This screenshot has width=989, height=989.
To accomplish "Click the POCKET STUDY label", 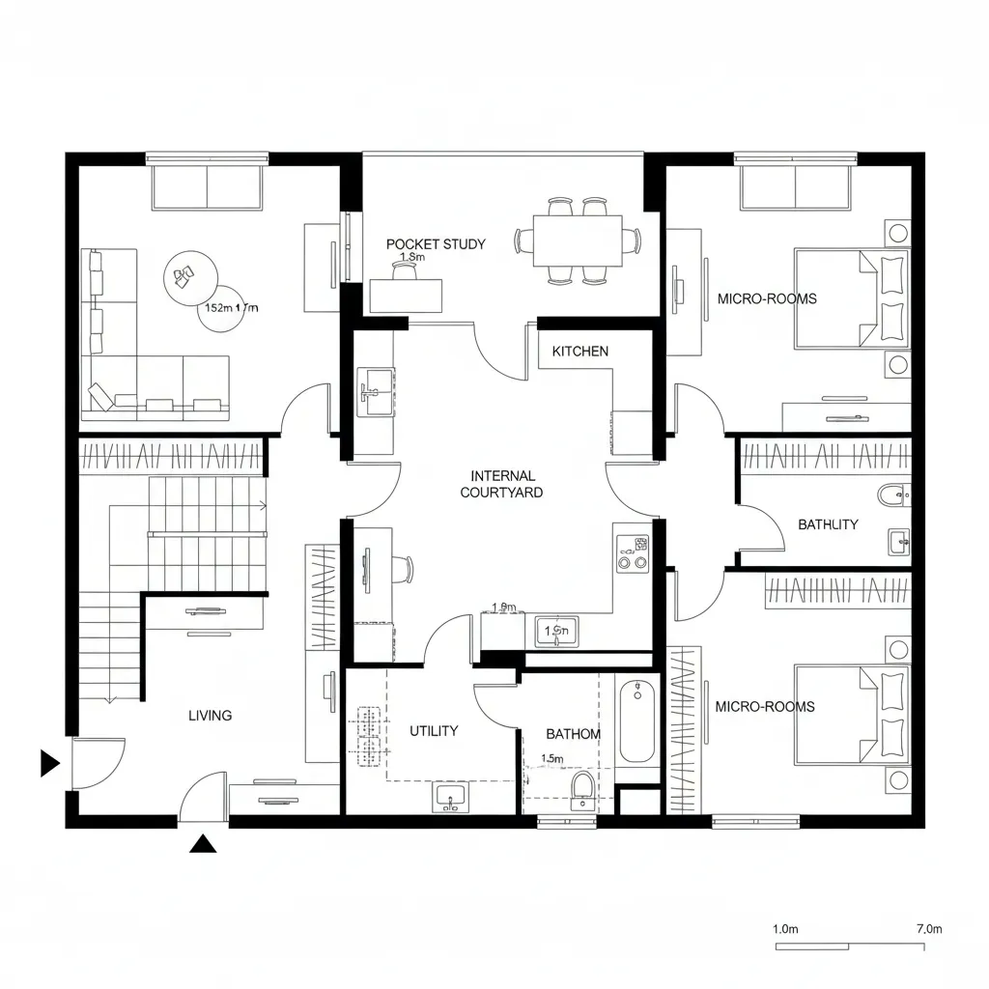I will [436, 244].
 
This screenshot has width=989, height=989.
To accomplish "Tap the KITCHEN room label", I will [580, 351].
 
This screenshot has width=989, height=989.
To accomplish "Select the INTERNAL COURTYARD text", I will [501, 484].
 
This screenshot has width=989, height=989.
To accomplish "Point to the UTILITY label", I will [434, 731].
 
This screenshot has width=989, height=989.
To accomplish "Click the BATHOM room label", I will [573, 734].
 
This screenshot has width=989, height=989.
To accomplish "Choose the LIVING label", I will [210, 716].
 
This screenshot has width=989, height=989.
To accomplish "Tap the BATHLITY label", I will [828, 524].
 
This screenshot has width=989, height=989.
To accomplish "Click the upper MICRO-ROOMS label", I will [767, 298].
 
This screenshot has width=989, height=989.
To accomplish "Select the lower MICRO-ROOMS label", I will [764, 706].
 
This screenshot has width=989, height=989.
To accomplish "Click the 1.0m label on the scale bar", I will [786, 929].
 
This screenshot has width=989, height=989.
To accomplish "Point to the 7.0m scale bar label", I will [927, 929].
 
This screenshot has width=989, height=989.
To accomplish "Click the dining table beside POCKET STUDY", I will [578, 240].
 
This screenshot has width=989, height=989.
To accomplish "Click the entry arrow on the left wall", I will [49, 763].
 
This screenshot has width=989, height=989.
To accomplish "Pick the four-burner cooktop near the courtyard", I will [633, 552].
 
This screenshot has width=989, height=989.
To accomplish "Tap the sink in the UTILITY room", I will [449, 798].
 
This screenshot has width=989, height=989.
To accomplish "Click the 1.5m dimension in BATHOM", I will [552, 759].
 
